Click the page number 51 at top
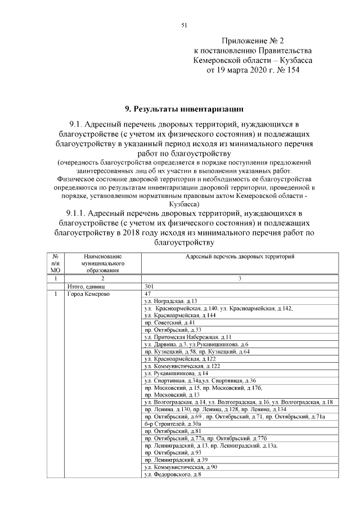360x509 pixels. (x=183, y=25)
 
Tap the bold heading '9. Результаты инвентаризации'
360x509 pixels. (x=184, y=107)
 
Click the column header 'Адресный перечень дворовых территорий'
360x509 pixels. (x=240, y=256)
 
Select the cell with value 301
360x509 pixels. (x=150, y=286)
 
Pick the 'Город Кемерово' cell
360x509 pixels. (x=88, y=294)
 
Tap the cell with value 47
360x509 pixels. (x=148, y=294)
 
